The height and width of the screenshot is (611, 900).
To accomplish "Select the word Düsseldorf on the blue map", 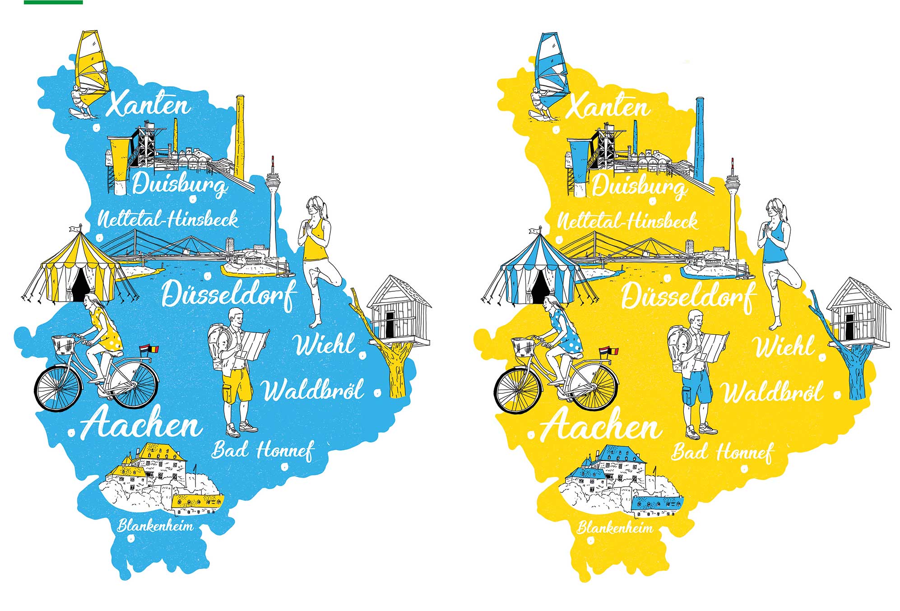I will tap(229, 294).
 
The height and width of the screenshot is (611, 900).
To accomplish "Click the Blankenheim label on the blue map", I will tap(155, 526).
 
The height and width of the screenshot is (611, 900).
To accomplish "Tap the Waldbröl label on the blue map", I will tap(313, 390).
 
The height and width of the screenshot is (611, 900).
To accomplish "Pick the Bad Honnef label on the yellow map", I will tap(722, 452).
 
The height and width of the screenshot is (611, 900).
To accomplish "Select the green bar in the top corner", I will tap(53, 2).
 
